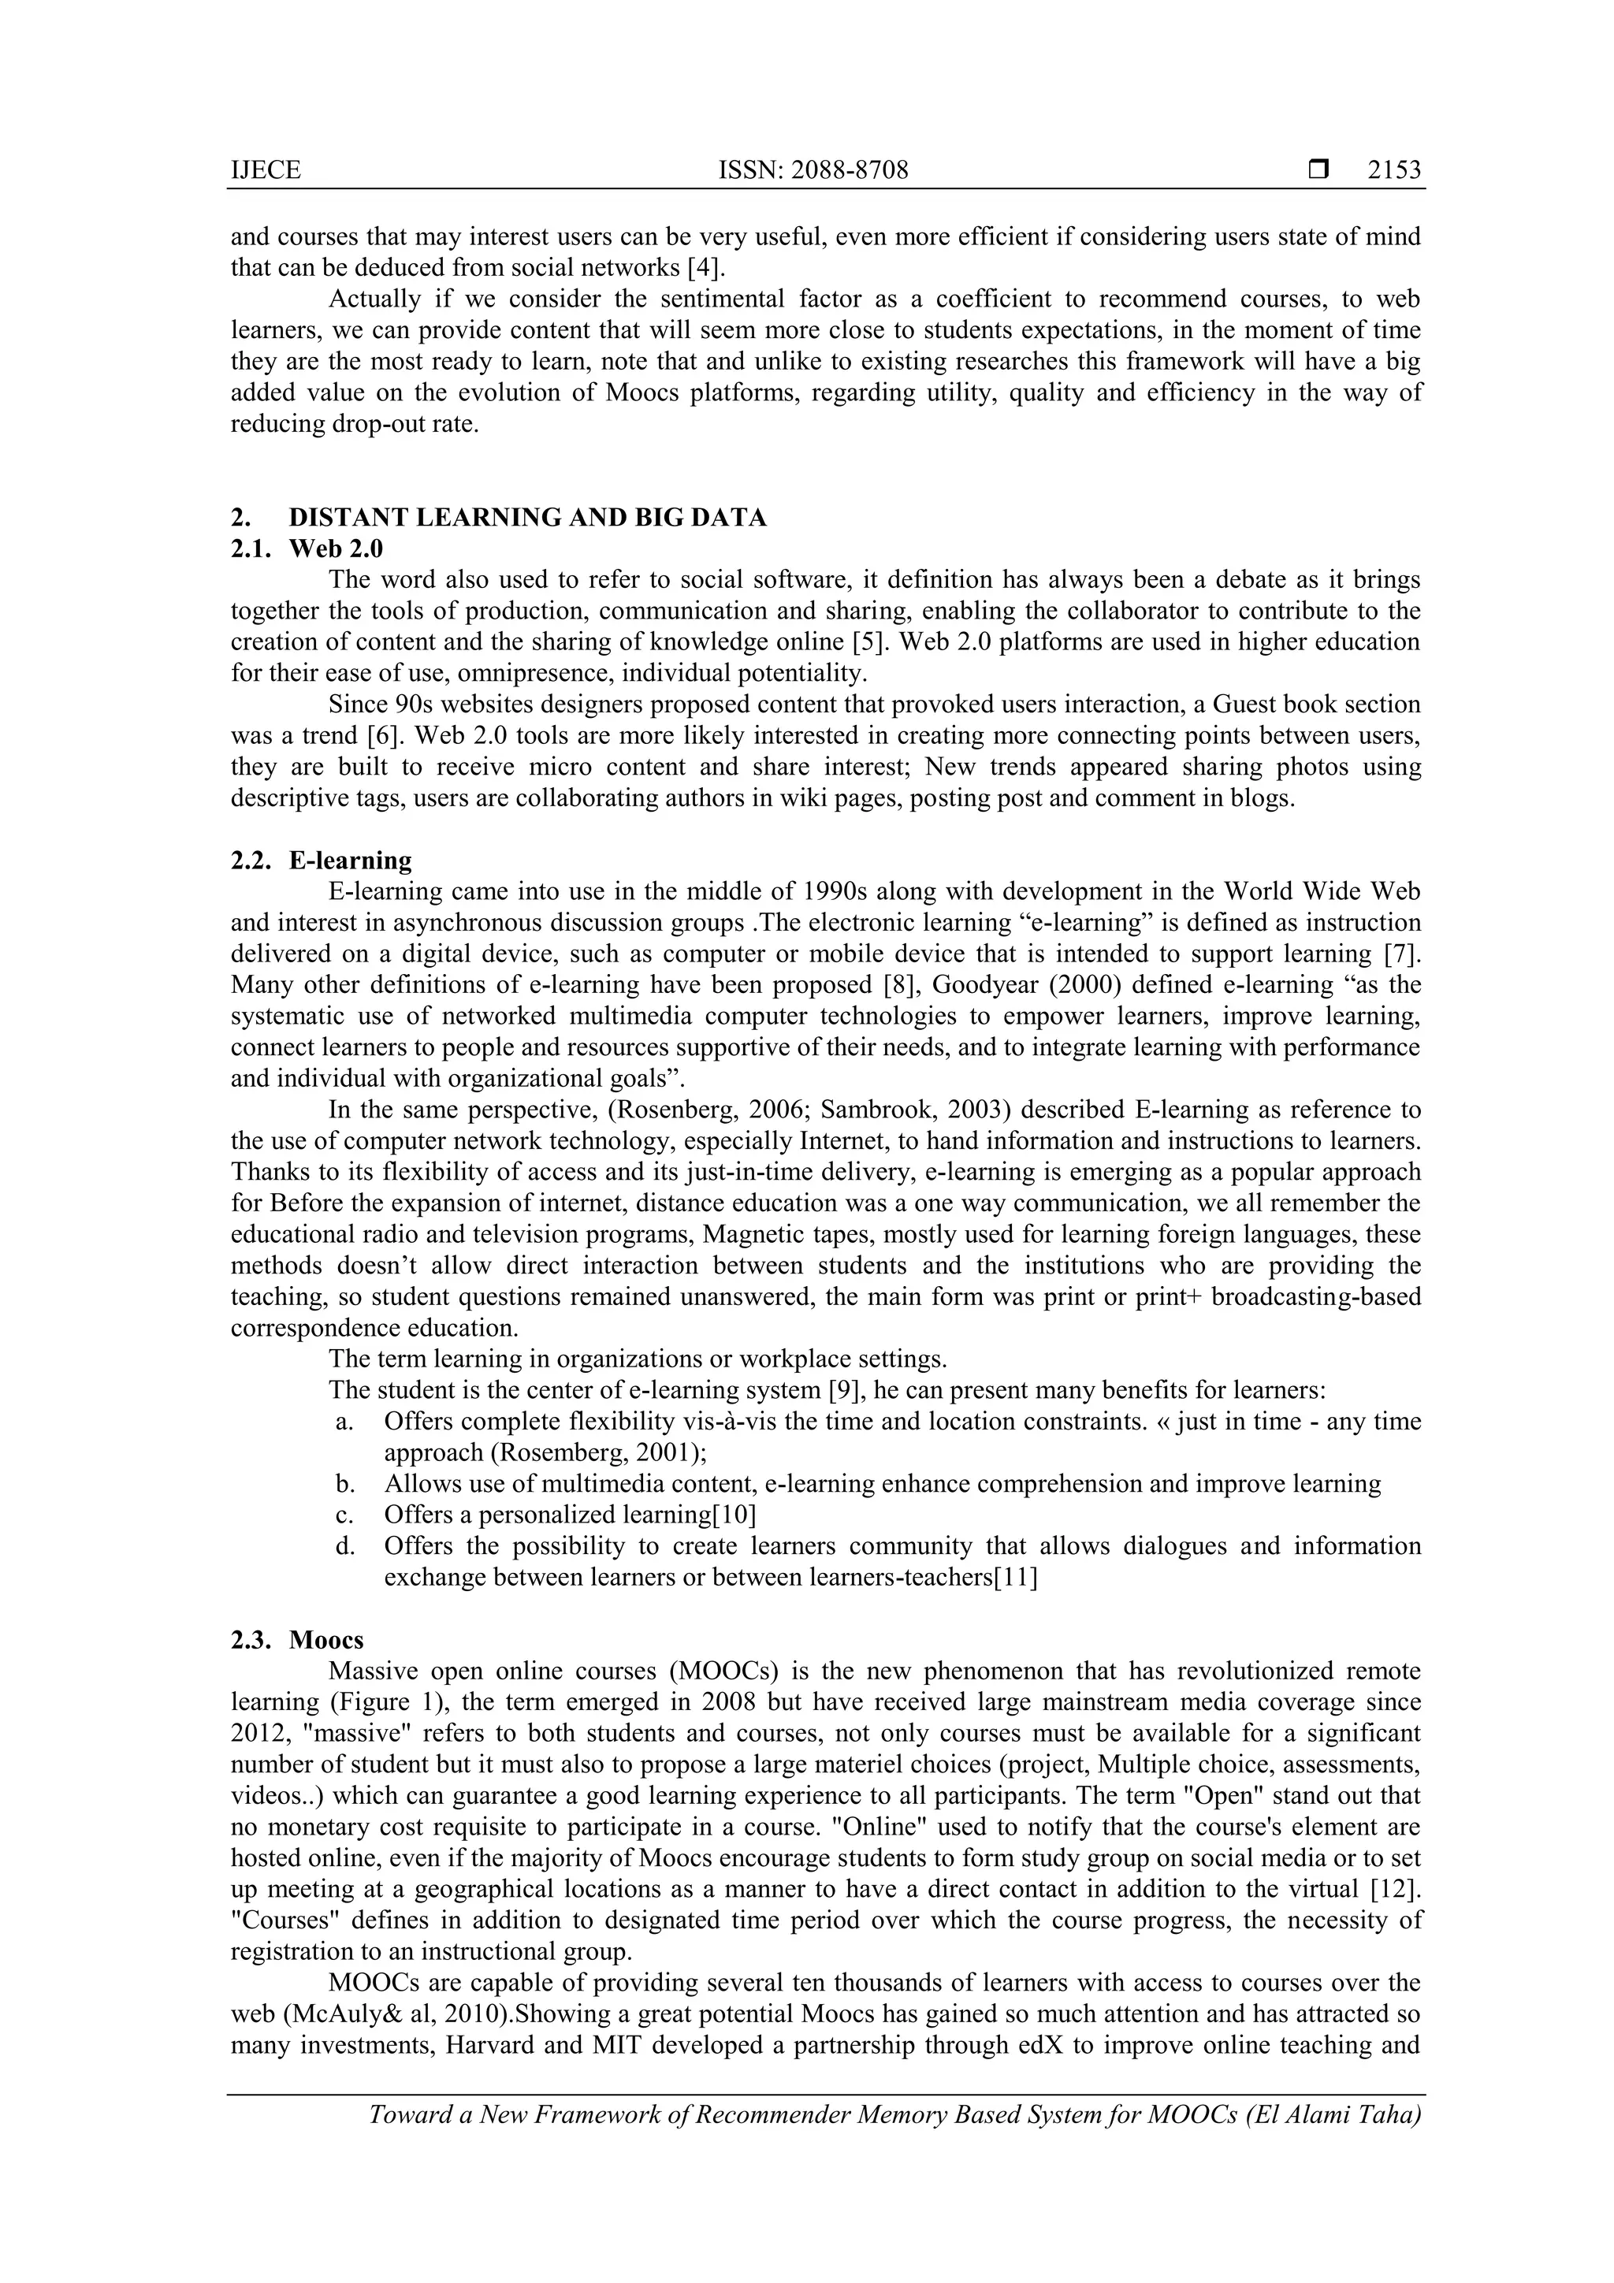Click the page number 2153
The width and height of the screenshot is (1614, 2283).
(1394, 171)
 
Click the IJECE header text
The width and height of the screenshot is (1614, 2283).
(266, 171)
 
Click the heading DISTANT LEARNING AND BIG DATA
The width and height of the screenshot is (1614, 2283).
(527, 518)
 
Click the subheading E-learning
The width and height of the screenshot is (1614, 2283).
(350, 860)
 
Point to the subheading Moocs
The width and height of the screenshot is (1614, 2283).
(326, 1640)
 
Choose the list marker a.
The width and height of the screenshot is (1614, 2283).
(345, 1422)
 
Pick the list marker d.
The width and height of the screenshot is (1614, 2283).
(345, 1546)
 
